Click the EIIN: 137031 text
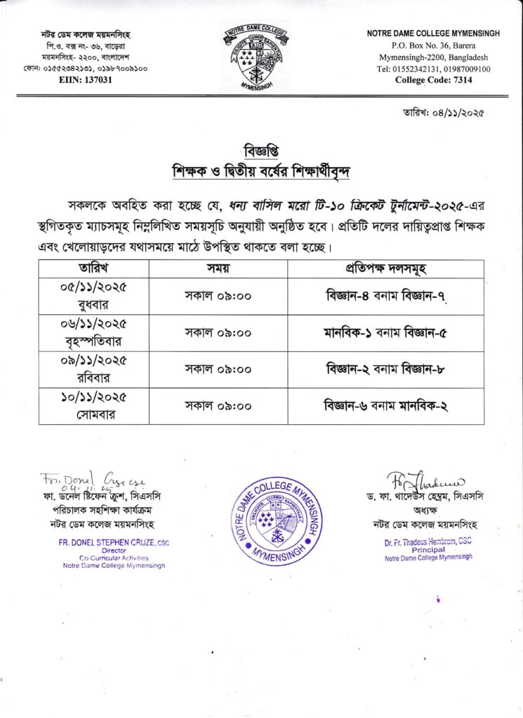(85, 81)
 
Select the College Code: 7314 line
(434, 80)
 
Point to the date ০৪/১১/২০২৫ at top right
(444, 112)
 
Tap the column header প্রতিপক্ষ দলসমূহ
(385, 269)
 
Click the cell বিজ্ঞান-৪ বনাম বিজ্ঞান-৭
(385, 296)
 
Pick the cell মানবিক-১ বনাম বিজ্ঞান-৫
(385, 332)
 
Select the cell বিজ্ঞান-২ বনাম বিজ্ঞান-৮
(385, 369)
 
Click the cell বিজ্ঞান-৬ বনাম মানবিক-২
(385, 405)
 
